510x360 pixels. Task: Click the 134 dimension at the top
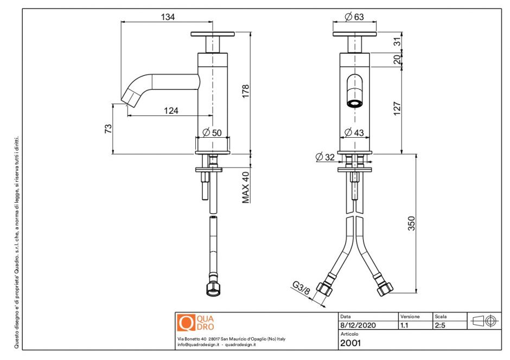pos(168,17)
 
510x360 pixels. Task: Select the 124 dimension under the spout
pos(171,111)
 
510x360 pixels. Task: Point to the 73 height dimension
pos(108,128)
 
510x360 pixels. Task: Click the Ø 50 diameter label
pos(213,132)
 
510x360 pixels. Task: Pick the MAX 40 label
pos(246,187)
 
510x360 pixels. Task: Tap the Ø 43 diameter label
pos(355,132)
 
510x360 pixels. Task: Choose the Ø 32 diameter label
pos(326,157)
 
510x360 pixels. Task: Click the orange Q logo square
pos(186,323)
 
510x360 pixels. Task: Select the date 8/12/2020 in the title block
pos(356,325)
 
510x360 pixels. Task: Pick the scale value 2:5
pos(440,325)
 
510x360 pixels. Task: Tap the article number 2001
pos(350,342)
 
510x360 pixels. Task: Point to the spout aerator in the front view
pos(355,102)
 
